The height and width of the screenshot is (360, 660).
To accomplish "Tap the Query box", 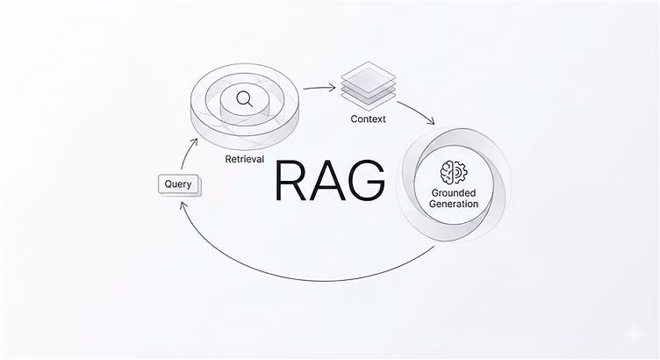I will (x=178, y=184).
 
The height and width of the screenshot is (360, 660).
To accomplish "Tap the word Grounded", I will (x=454, y=191).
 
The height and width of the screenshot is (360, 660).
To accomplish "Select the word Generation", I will (x=454, y=204).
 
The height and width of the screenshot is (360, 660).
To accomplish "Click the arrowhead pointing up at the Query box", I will (x=183, y=205).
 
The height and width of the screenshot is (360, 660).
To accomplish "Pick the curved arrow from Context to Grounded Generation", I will (x=412, y=107).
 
